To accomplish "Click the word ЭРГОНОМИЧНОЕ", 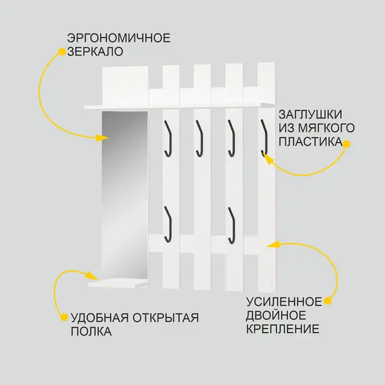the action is click(119, 38).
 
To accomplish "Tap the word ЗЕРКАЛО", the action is click(95, 51).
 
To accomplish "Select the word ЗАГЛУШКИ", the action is click(311, 114).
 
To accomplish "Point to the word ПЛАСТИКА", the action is click(311, 142).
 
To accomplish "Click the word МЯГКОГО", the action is click(327, 128).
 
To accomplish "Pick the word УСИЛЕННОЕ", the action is click(284, 302).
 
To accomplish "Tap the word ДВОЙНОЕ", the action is click(276, 315).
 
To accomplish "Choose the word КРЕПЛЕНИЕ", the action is click(282, 329).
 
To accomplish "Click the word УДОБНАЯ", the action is click(99, 318).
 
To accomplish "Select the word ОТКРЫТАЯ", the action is click(166, 318).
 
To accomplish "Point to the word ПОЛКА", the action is click(91, 331).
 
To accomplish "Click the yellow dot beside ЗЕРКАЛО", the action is click(62, 52).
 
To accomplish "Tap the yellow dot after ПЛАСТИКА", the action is click(346, 144).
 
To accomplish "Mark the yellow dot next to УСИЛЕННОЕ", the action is click(327, 301).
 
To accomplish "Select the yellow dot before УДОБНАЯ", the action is click(64, 317).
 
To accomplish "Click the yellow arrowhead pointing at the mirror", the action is click(103, 138).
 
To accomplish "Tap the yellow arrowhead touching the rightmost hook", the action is click(268, 160).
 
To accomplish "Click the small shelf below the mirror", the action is click(118, 283).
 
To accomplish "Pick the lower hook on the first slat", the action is click(167, 225).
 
